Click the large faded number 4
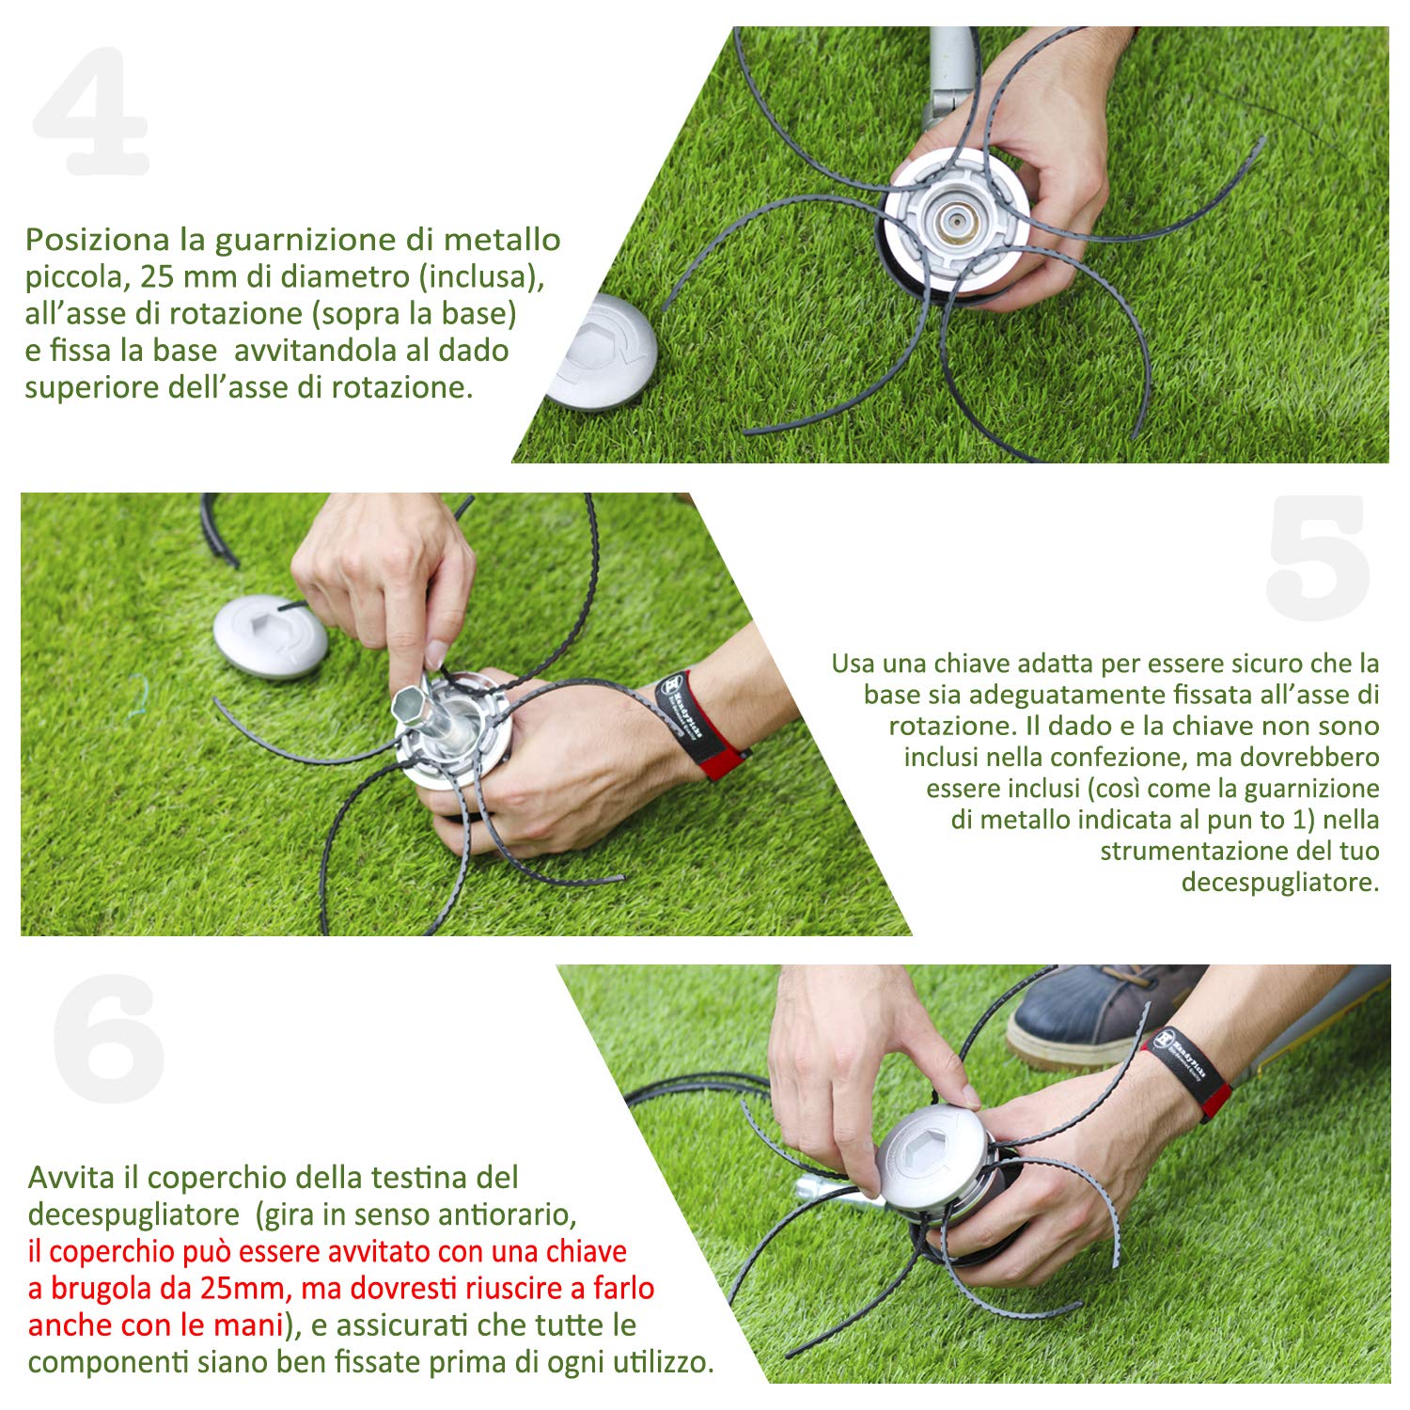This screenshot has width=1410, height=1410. (91, 111)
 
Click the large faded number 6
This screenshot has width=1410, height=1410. (109, 1040)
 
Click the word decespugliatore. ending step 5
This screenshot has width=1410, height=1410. (1280, 883)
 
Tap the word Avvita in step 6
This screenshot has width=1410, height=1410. (71, 1178)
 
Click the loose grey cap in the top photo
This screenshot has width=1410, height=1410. (603, 352)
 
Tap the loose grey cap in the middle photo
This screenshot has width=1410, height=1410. (270, 636)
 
